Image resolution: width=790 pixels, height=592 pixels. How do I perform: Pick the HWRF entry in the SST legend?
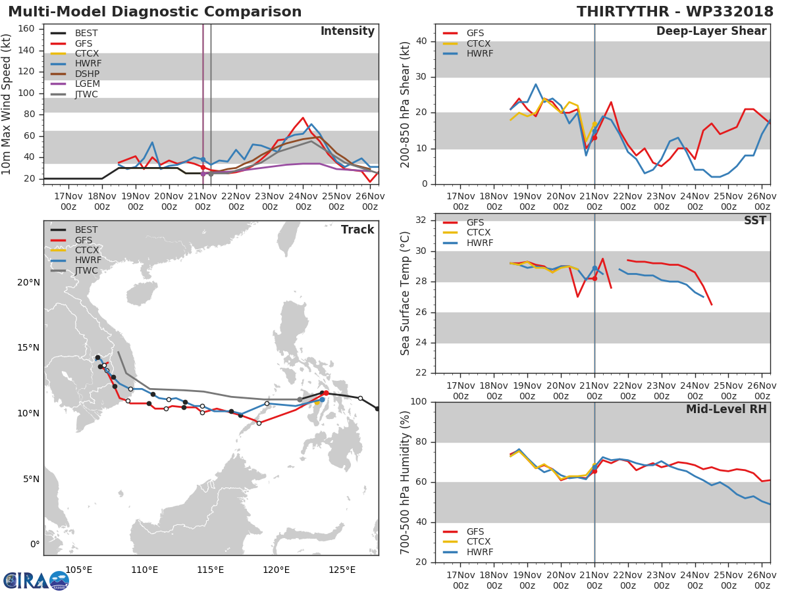pyautogui.click(x=479, y=243)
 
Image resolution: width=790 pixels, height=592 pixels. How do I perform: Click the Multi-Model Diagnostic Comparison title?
pyautogui.click(x=155, y=12)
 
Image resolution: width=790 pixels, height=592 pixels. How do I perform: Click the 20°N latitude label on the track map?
pyautogui.click(x=28, y=282)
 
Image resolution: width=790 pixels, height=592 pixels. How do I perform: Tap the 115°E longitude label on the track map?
pyautogui.click(x=210, y=570)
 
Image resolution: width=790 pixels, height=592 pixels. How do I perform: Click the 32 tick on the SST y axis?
pyautogui.click(x=422, y=220)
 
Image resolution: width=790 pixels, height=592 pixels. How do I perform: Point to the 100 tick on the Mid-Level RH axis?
pyautogui.click(x=419, y=402)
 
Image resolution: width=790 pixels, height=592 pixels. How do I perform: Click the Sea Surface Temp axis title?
pyautogui.click(x=406, y=293)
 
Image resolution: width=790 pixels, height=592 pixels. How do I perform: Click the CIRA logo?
pyautogui.click(x=36, y=580)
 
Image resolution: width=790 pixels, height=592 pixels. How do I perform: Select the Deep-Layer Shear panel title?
pyautogui.click(x=711, y=32)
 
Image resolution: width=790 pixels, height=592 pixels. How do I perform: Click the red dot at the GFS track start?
pyautogui.click(x=326, y=393)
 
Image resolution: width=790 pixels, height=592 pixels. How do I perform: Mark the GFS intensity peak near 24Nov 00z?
pyautogui.click(x=303, y=118)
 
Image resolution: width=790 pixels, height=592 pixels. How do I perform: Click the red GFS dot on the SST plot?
pyautogui.click(x=594, y=278)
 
